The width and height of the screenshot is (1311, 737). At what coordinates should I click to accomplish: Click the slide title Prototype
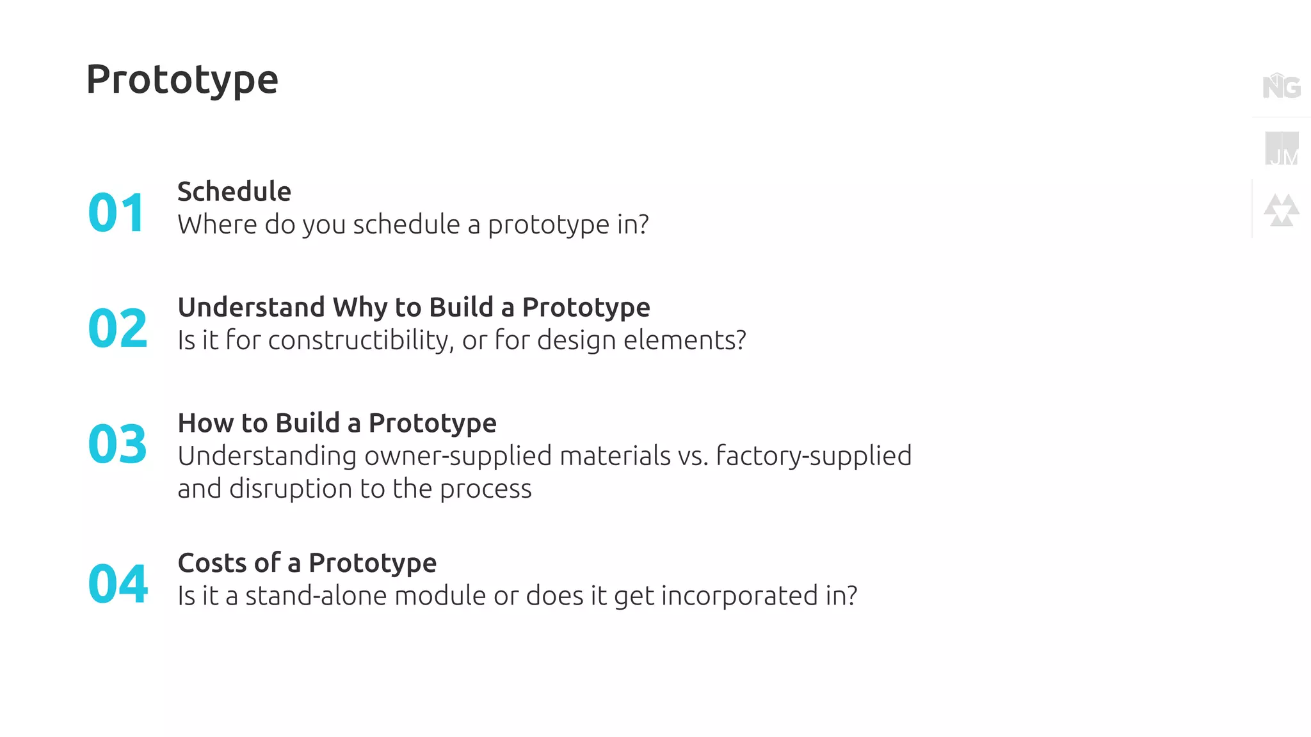(x=182, y=80)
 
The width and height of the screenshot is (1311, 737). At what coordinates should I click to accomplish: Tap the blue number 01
(x=117, y=212)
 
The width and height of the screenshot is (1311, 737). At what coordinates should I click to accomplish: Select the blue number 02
(x=118, y=328)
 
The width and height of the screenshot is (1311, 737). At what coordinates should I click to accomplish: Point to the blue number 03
(x=118, y=444)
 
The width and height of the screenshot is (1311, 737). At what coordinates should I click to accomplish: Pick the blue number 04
(x=118, y=584)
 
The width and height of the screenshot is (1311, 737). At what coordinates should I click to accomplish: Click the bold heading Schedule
(x=234, y=191)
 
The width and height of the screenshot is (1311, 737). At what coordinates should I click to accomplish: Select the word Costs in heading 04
(x=211, y=563)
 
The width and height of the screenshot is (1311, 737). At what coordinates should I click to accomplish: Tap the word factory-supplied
(x=814, y=456)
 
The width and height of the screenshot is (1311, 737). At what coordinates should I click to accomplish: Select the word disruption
(x=291, y=489)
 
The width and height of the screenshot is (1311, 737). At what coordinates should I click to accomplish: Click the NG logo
(x=1282, y=86)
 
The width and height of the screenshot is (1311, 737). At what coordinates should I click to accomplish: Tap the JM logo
(x=1282, y=148)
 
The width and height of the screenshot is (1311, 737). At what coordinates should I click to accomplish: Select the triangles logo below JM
(x=1282, y=210)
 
